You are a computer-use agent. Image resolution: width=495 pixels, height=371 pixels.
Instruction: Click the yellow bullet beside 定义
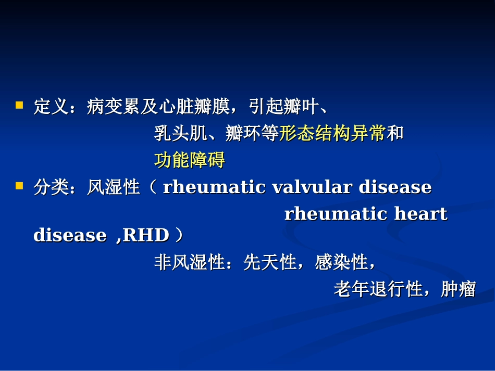coord(19,105)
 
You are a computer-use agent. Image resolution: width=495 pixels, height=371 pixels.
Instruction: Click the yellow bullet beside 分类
coord(19,185)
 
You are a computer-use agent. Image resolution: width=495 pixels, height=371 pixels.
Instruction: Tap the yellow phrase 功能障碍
coord(190,160)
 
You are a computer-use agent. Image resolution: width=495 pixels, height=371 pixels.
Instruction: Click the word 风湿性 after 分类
coord(114,187)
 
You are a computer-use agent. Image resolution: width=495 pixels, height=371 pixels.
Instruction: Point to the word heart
coord(420,214)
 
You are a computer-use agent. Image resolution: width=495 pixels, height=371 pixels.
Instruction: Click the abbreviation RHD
coord(145,236)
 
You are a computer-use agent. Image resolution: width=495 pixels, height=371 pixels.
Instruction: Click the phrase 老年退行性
coord(378,289)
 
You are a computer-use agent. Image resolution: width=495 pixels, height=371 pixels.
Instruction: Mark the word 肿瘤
coord(459,289)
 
